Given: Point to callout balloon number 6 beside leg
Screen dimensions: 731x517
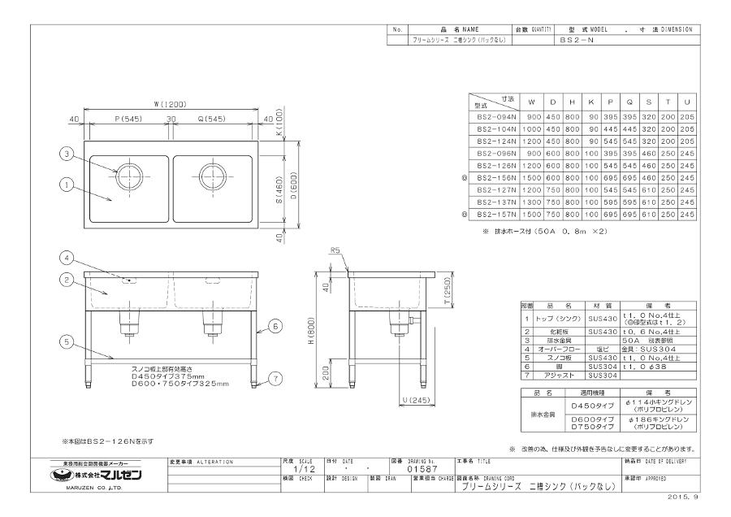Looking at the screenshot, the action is coord(276,325).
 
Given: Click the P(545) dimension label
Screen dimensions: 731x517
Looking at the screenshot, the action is coord(128,119).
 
